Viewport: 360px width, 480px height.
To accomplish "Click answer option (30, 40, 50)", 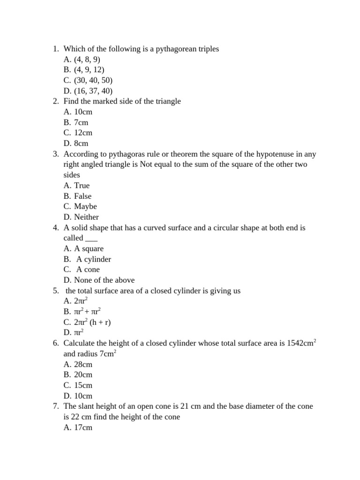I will (x=93, y=80).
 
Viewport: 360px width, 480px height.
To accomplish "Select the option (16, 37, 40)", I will (x=93, y=91).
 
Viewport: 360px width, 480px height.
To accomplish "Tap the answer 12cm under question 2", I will (x=83, y=133).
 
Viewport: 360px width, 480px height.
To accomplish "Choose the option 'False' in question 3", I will (x=82, y=196).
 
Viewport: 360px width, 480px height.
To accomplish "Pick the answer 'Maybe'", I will (x=85, y=206).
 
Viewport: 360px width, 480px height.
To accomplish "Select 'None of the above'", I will (x=104, y=280).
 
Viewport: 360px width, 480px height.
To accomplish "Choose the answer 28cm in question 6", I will (x=83, y=364).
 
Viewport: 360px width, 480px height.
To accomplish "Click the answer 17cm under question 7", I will (x=83, y=427).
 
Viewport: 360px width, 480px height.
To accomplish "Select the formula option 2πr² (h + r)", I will (x=92, y=322).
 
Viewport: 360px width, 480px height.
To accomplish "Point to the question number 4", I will (x=55, y=228).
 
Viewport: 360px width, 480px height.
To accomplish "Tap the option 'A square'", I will (x=89, y=248).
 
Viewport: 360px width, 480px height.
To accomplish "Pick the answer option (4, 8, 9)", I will (x=87, y=60).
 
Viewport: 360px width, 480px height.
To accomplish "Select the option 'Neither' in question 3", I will (x=86, y=217).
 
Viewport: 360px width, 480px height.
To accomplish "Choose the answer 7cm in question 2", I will (x=81, y=122).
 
